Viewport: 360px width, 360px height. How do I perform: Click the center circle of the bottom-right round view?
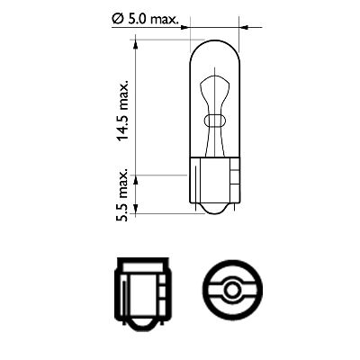(233, 291)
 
